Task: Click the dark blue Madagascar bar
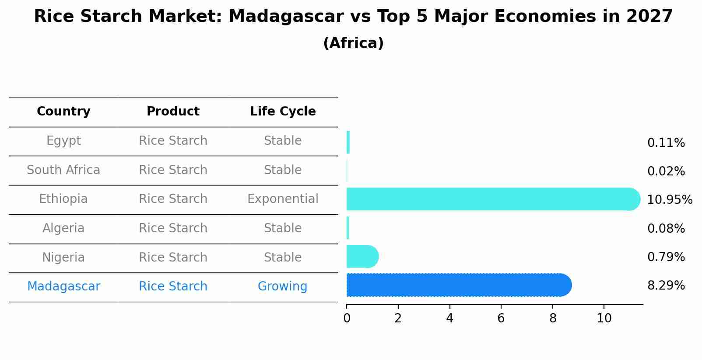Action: [x=459, y=285]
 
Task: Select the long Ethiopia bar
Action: [x=493, y=199]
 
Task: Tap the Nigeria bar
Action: [x=362, y=256]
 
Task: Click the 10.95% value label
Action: [x=670, y=199]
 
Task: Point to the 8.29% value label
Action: [x=666, y=286]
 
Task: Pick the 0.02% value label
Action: [x=666, y=171]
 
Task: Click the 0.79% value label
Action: [x=666, y=257]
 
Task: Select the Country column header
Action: [x=63, y=111]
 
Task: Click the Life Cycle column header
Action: [x=283, y=111]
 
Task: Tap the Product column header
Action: [x=173, y=111]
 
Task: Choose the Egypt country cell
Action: [x=63, y=141]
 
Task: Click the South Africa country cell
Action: [x=63, y=170]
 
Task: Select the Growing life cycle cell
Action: [x=282, y=287]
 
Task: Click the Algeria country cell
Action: [x=63, y=228]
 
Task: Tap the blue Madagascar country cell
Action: [x=63, y=287]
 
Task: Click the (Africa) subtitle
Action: [x=353, y=43]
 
